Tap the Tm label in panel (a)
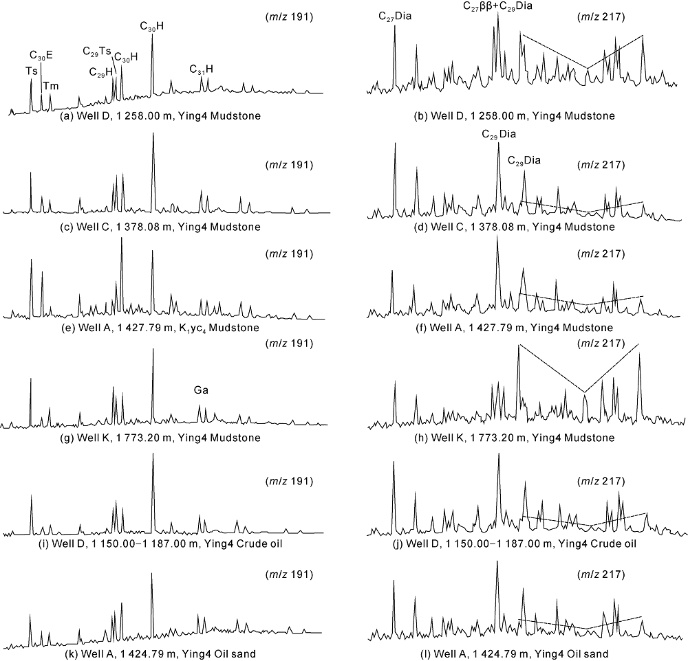[x=51, y=86]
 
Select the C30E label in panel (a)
[x=41, y=55]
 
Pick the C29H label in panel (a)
[x=101, y=71]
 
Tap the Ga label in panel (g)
[x=200, y=390]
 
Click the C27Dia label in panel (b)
[x=395, y=16]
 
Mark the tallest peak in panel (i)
[x=153, y=455]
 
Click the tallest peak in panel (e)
[x=122, y=238]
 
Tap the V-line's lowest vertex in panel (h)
[x=585, y=392]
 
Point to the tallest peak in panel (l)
[x=497, y=563]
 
